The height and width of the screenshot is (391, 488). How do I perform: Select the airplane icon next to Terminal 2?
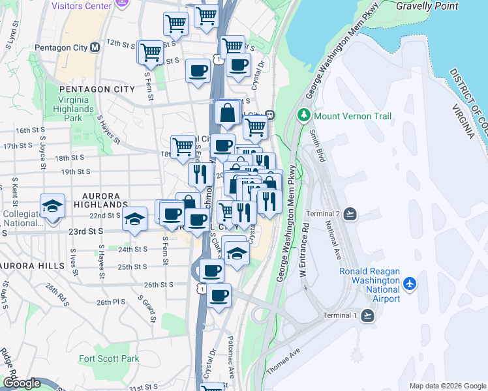click(350, 214)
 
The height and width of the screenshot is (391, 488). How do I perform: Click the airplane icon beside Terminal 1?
click(367, 315)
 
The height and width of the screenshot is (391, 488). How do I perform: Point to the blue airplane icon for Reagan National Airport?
click(410, 283)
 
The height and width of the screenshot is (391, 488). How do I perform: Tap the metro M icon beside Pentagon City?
click(95, 48)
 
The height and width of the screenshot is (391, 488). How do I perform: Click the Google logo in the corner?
click(22, 383)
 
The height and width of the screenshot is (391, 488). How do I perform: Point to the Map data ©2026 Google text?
click(448, 386)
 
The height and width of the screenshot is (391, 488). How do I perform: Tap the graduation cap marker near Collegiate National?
click(52, 207)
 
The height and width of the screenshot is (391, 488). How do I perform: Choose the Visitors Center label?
click(80, 6)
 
